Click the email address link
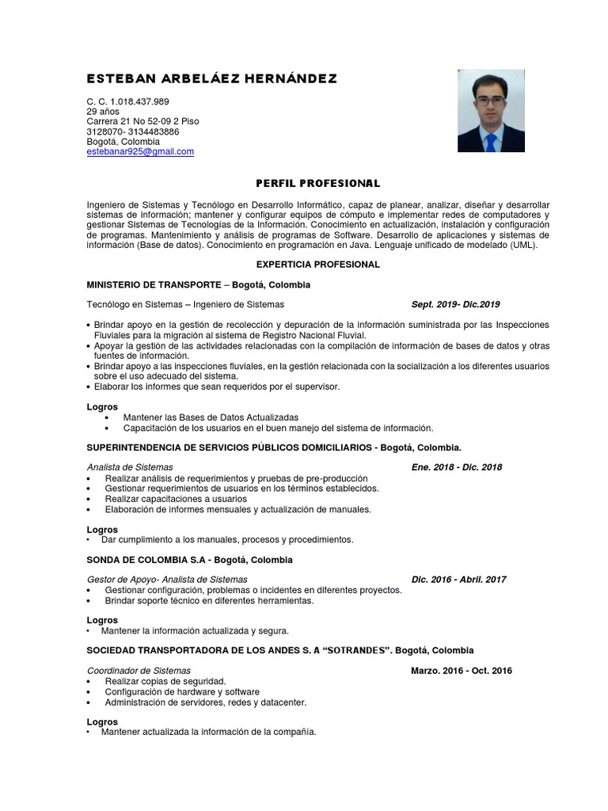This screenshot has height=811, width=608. coord(140,151)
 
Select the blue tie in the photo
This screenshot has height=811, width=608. coord(491,142)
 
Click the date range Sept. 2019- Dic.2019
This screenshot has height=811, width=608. coord(455,304)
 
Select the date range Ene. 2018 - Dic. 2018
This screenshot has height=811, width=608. coord(456,467)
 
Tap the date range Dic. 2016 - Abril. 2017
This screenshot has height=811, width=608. coord(458,580)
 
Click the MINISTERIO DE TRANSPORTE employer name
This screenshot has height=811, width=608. coord(153,284)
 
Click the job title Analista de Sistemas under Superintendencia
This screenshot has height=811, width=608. coord(130,467)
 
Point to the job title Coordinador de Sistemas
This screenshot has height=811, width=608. coord(139,671)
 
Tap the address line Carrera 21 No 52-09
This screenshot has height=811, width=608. coord(142,121)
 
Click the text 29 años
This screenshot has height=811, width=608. coord(103,112)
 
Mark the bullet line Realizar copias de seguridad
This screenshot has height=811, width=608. coord(165,681)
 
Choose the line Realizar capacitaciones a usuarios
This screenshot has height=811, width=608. coord(175,499)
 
